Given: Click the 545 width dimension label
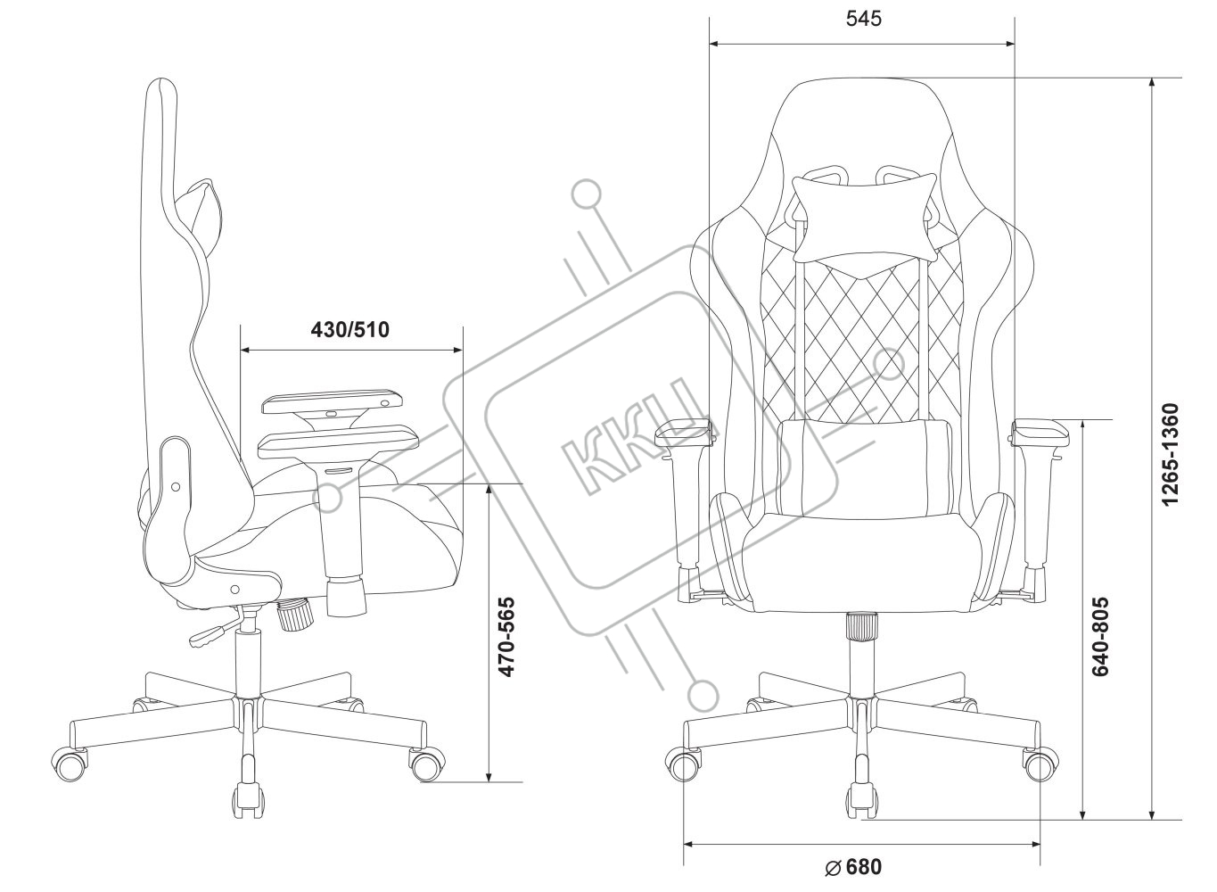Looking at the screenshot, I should point(861,20).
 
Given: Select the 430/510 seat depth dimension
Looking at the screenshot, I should point(350,330).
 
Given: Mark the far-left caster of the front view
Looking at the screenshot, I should point(684,764).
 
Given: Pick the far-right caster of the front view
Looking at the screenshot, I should point(1038,764).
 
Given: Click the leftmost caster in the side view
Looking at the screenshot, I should point(71,761).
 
